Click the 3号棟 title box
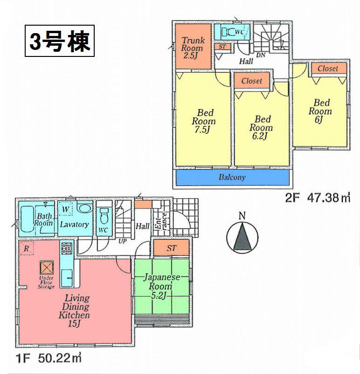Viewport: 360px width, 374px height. pos(59,41)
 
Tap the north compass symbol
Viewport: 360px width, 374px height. pos(242,235)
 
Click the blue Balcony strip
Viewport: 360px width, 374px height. pos(232,178)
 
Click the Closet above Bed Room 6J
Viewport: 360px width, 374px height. pos(327,69)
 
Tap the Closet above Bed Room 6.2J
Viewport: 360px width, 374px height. pos(251,81)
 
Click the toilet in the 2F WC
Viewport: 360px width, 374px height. pos(230,32)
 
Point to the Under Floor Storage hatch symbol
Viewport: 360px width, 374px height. pos(47,268)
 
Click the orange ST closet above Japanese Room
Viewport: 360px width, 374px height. pos(171,248)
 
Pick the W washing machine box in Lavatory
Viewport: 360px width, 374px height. pos(66,209)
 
